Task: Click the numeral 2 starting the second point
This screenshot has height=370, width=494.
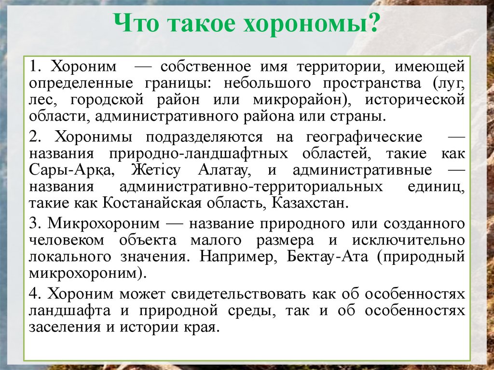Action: (32, 137)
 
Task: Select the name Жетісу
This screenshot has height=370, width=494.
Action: (154, 171)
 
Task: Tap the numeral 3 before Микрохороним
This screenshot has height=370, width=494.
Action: (32, 224)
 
